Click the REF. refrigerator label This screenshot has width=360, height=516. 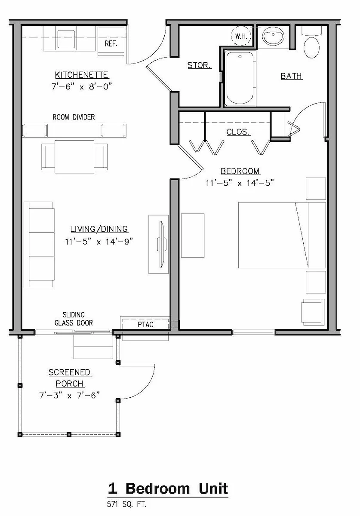(x=111, y=43)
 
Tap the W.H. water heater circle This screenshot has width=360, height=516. (x=241, y=36)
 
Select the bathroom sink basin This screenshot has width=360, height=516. (x=273, y=37)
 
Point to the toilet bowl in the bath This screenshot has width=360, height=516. (x=311, y=48)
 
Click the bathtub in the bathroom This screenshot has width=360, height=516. (x=240, y=78)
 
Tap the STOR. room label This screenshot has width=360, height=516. (x=199, y=65)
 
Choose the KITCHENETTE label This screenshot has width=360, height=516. (x=82, y=75)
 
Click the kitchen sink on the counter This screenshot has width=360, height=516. (x=66, y=38)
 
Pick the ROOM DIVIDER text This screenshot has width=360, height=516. (x=74, y=117)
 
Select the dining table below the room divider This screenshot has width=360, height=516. (x=74, y=157)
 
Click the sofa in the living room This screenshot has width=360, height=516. (x=39, y=244)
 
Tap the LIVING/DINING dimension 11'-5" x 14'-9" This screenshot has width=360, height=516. (x=99, y=242)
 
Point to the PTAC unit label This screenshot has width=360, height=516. (x=145, y=325)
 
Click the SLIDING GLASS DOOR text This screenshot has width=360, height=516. (x=74, y=319)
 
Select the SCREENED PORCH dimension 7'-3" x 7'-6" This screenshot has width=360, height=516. (x=69, y=396)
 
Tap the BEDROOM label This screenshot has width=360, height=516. (x=240, y=171)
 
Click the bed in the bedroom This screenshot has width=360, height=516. (x=282, y=235)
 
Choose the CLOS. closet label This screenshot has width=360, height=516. (x=238, y=132)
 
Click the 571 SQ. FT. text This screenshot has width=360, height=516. (x=127, y=504)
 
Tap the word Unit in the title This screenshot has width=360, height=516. (x=213, y=488)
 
